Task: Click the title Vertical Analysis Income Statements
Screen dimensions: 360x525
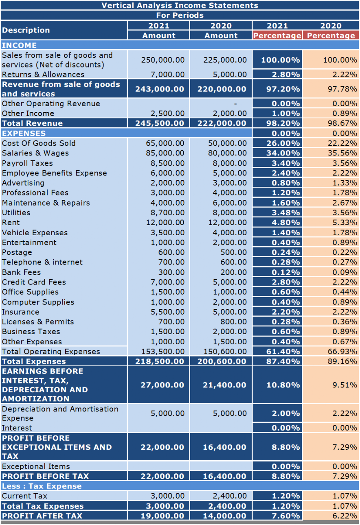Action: (x=180, y=5)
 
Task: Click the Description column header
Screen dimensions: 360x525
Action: (x=26, y=30)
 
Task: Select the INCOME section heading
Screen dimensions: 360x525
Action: (x=19, y=45)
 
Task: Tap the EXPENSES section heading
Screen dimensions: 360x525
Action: (x=24, y=133)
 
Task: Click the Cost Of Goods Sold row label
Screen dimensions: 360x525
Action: (x=39, y=143)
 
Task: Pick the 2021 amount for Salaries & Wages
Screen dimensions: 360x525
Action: (x=165, y=153)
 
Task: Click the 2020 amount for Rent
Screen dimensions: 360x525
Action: (x=228, y=223)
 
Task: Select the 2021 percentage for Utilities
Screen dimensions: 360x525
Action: (x=285, y=212)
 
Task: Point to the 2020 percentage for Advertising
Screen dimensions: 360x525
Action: (x=345, y=183)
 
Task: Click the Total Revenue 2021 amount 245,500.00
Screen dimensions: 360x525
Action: (x=160, y=123)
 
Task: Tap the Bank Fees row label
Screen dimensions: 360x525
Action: (x=21, y=272)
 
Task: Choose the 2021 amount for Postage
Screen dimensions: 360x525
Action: (x=171, y=252)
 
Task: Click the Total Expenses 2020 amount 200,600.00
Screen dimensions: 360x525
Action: (x=222, y=361)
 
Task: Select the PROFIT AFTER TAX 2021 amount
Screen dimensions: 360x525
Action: (x=162, y=516)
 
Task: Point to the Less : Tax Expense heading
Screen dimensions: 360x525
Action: (x=42, y=486)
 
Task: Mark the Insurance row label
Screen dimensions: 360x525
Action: (x=21, y=312)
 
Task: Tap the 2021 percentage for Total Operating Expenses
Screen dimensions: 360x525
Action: (x=283, y=352)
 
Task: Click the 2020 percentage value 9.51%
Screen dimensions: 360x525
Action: (x=345, y=385)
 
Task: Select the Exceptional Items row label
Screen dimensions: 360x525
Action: (x=36, y=466)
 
